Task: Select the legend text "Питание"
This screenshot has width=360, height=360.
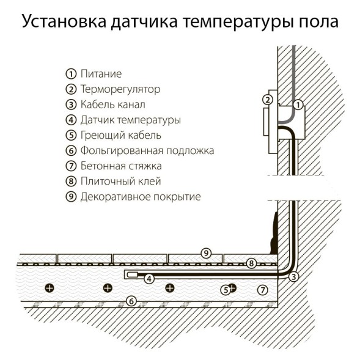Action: pos(101,74)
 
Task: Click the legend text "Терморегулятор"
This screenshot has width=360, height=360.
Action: pos(120,89)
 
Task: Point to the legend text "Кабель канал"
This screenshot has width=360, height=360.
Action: pos(112,105)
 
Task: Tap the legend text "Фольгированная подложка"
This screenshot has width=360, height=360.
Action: pos(147,150)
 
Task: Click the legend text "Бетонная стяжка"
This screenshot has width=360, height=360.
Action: pos(120,166)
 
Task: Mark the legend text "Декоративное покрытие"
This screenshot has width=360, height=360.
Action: pos(140,197)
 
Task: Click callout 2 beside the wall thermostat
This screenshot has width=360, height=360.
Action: pos(266,100)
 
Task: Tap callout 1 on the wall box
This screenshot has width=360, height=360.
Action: pos(298,105)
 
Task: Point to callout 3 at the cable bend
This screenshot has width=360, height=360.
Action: pos(294,277)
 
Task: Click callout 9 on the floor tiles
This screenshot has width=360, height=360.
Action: pos(206,252)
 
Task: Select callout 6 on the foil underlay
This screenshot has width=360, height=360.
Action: pos(130,300)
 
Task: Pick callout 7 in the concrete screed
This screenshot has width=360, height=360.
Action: pos(263,289)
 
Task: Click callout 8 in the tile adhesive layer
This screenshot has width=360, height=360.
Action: pos(251,263)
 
